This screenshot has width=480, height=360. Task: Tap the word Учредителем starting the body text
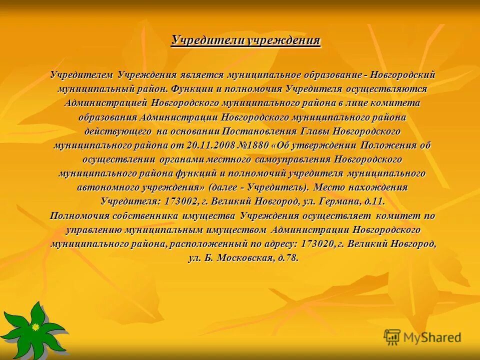click(x=82, y=75)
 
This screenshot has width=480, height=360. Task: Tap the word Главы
click(x=315, y=131)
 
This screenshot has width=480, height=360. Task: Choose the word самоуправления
click(x=291, y=159)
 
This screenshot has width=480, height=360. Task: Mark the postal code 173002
click(x=177, y=201)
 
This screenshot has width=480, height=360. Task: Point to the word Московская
click(x=245, y=258)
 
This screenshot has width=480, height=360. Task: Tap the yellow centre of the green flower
click(x=35, y=326)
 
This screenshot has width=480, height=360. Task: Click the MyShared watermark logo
click(x=422, y=337)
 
